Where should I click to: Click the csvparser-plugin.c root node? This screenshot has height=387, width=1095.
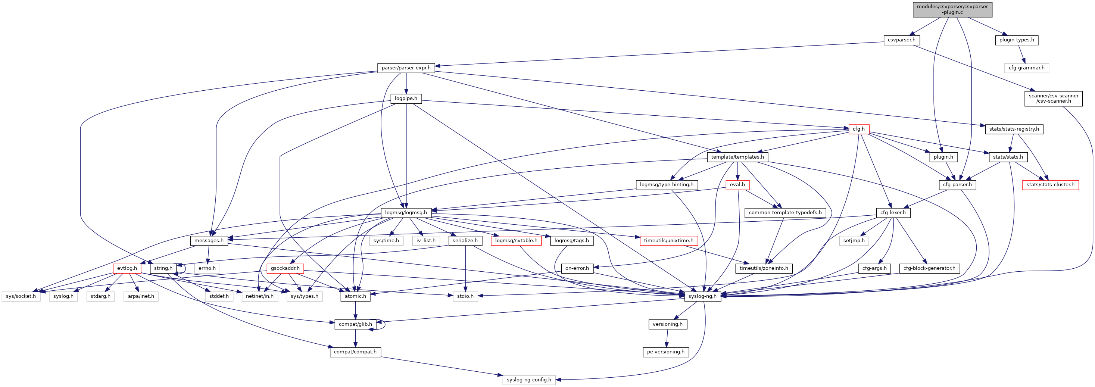pyautogui.click(x=952, y=9)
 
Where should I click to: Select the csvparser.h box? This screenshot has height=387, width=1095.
pyautogui.click(x=902, y=40)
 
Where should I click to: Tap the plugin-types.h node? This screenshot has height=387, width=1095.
pyautogui.click(x=1016, y=40)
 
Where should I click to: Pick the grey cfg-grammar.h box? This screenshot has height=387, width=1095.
pyautogui.click(x=1026, y=68)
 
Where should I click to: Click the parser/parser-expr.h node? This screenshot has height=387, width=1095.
pyautogui.click(x=406, y=68)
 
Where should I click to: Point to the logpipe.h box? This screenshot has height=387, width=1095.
pyautogui.click(x=406, y=99)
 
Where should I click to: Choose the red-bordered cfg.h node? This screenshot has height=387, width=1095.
pyautogui.click(x=858, y=129)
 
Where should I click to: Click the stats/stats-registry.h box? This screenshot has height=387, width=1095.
pyautogui.click(x=1014, y=129)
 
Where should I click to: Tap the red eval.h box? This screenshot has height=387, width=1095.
pyautogui.click(x=737, y=185)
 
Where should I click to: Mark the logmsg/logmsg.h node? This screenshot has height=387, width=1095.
pyautogui.click(x=406, y=213)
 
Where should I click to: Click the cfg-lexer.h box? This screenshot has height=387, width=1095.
pyautogui.click(x=893, y=213)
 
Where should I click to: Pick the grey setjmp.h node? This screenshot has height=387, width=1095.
pyautogui.click(x=854, y=241)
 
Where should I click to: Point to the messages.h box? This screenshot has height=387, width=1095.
pyautogui.click(x=209, y=241)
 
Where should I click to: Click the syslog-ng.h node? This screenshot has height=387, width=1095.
pyautogui.click(x=702, y=296)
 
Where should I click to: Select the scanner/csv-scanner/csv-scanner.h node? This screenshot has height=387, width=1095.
pyautogui.click(x=1053, y=99)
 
